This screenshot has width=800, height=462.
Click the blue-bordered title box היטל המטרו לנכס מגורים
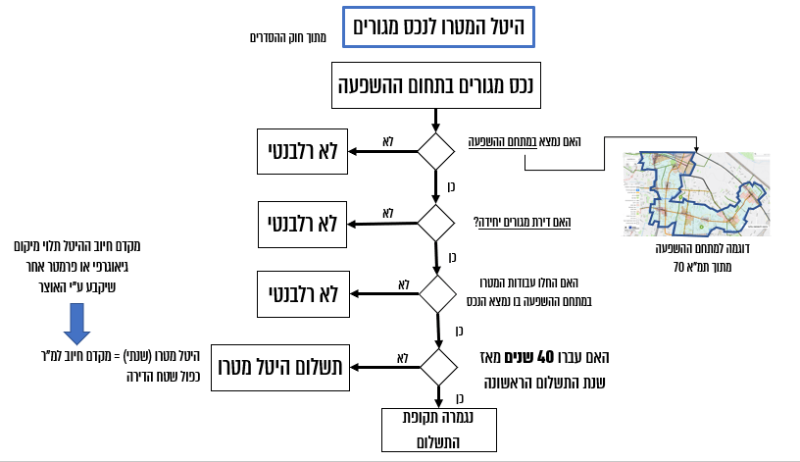point(438,29)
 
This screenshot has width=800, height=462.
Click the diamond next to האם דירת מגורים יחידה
point(436,223)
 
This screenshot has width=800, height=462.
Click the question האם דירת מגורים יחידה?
point(521,222)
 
